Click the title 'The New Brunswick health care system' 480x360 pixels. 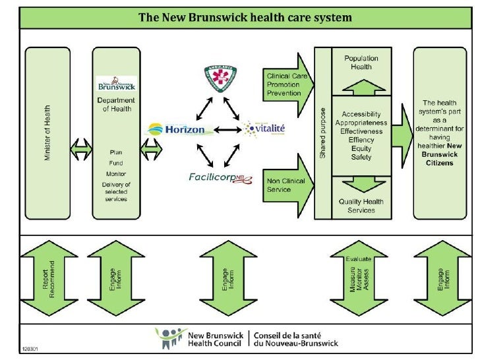coord(245,16)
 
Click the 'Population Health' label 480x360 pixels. coord(361,63)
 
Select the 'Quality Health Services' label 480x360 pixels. coord(361,206)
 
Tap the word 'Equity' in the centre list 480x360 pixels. coord(361,148)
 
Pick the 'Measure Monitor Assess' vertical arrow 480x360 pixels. coord(361,282)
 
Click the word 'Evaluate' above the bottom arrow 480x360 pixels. coord(361,258)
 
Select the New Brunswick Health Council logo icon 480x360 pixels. coord(170,338)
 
